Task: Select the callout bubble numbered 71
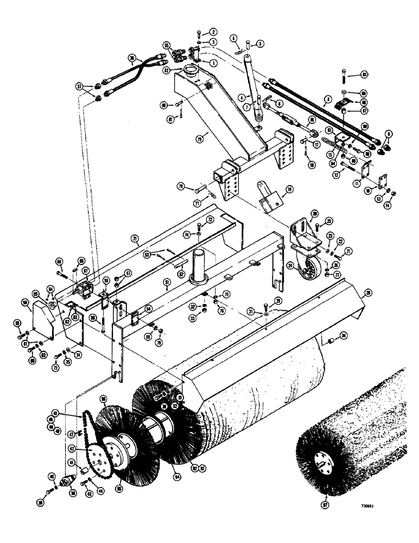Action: point(134,238)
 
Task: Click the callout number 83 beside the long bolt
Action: point(364,74)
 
